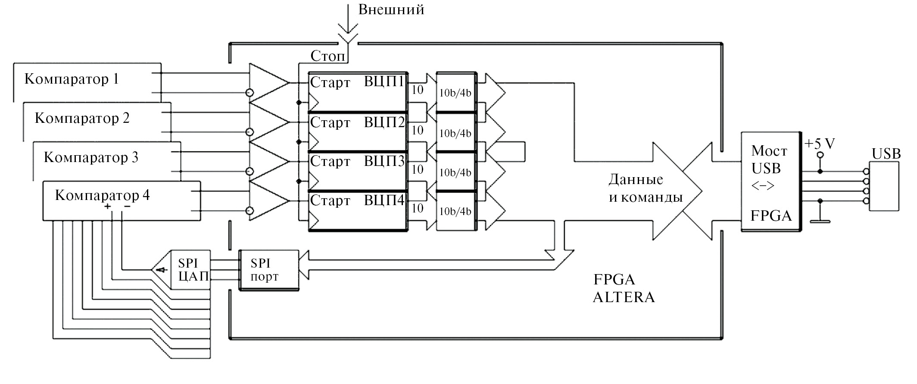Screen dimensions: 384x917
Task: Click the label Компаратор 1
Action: [x=71, y=79]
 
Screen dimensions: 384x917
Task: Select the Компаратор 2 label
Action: [x=82, y=119]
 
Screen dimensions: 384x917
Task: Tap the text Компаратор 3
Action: [x=91, y=158]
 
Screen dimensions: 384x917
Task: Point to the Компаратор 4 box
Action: [x=121, y=201]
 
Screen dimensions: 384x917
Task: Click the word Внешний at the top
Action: [x=391, y=9]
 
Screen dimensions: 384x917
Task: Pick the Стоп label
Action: [x=327, y=56]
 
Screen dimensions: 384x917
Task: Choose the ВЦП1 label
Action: [x=384, y=82]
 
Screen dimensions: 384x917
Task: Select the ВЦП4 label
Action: [x=384, y=201]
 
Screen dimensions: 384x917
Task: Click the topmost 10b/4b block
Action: [x=455, y=92]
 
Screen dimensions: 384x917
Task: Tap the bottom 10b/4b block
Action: [x=455, y=211]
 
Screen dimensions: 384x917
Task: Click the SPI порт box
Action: [x=268, y=270]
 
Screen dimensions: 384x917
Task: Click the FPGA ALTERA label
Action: [x=623, y=289]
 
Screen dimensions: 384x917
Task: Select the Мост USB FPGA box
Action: [x=770, y=182]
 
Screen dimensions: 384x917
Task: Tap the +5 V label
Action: [x=820, y=144]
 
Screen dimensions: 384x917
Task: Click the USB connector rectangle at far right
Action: [x=884, y=186]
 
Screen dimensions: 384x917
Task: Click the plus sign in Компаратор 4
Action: [x=107, y=207]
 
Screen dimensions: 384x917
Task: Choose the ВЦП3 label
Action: [x=384, y=162]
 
